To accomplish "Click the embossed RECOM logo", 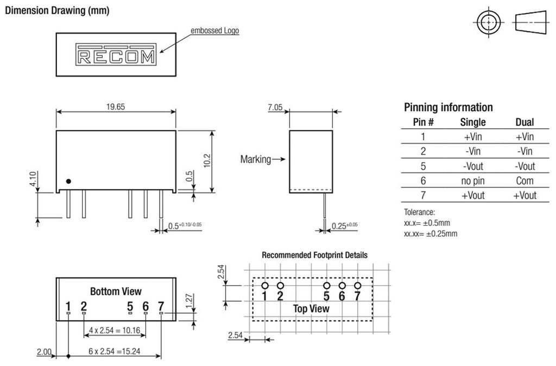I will tap(116, 55).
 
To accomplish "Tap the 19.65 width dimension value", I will tap(116, 107).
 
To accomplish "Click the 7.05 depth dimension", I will tap(275, 108).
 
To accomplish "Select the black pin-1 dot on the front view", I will tap(68, 181).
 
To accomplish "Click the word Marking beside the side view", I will tap(256, 159).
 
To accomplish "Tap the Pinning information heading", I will tap(448, 107).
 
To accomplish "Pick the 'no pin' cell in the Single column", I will tap(472, 181).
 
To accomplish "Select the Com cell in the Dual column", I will tap(525, 181).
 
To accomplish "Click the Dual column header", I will tap(525, 122).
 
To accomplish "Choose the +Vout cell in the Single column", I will tap(472, 195).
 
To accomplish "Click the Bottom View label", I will tap(116, 291).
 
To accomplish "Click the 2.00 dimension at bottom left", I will tap(44, 352).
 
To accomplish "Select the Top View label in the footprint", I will tap(311, 308).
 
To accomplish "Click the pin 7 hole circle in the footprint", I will tap(357, 286).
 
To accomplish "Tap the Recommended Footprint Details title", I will tap(314, 255).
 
